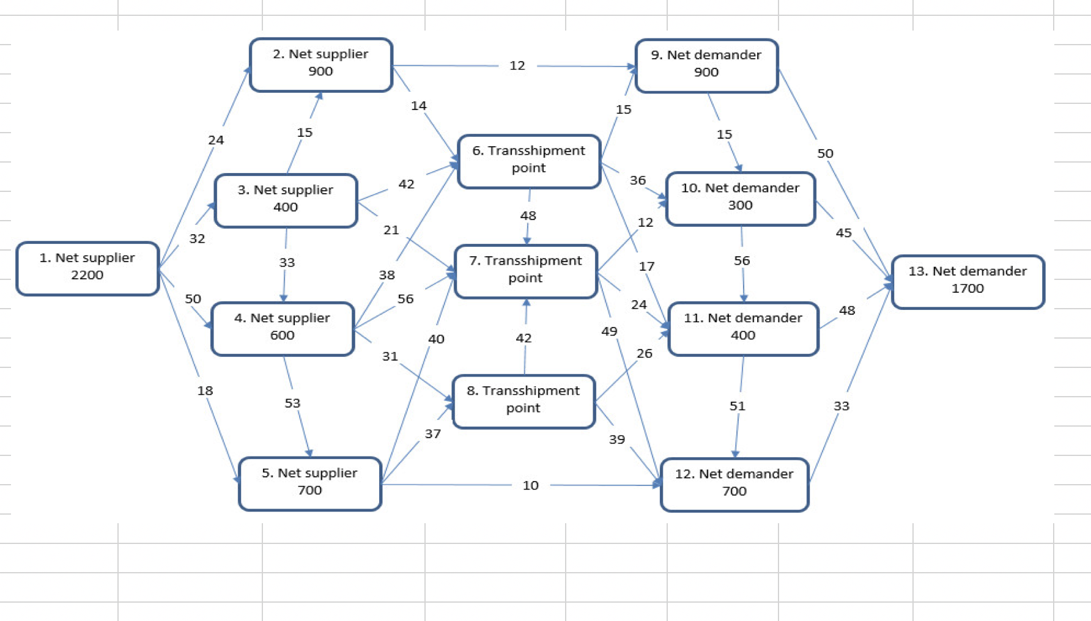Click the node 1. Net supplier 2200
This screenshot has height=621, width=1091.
click(x=87, y=267)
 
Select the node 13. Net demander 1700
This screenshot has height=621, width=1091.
click(x=967, y=281)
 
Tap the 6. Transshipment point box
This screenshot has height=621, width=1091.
click(x=529, y=160)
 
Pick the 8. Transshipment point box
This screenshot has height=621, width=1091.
click(x=523, y=400)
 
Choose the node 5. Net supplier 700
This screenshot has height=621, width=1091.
click(x=309, y=482)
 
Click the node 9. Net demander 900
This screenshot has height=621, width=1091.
click(x=706, y=64)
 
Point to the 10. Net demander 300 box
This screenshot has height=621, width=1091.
click(x=740, y=197)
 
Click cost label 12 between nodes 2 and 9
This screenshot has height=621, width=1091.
click(x=517, y=65)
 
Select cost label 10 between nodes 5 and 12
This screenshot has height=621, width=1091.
click(x=530, y=485)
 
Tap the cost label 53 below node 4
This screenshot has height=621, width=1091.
click(x=292, y=403)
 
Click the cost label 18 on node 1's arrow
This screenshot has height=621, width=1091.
click(x=205, y=391)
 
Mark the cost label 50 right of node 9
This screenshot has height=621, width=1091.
click(x=825, y=153)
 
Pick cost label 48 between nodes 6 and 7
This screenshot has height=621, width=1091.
click(x=528, y=216)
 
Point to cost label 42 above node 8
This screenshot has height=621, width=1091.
click(x=523, y=338)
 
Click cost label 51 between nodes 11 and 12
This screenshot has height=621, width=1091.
click(x=737, y=406)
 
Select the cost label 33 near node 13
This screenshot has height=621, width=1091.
click(x=841, y=406)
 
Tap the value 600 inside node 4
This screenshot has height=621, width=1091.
click(x=282, y=335)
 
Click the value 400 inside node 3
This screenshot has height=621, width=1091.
click(x=285, y=207)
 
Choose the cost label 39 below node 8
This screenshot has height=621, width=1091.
click(x=616, y=439)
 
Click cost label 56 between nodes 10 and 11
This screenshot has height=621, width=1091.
click(x=741, y=261)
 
